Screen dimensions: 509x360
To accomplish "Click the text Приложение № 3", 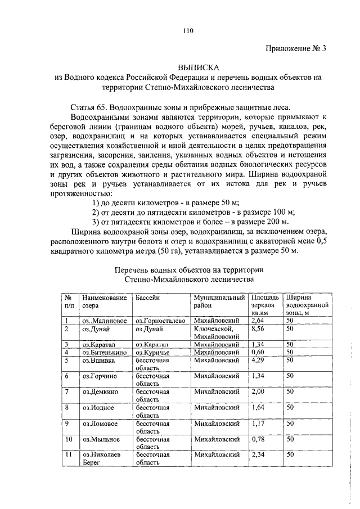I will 295,48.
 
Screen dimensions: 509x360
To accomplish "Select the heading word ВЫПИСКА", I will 188,67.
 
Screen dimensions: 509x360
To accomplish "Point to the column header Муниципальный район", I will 219,301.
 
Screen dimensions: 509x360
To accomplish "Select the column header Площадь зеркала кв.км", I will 264,305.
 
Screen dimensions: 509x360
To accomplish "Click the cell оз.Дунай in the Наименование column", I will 96,328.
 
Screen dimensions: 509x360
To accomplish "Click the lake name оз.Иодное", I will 98,407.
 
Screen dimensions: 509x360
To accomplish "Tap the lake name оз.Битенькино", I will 102,352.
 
